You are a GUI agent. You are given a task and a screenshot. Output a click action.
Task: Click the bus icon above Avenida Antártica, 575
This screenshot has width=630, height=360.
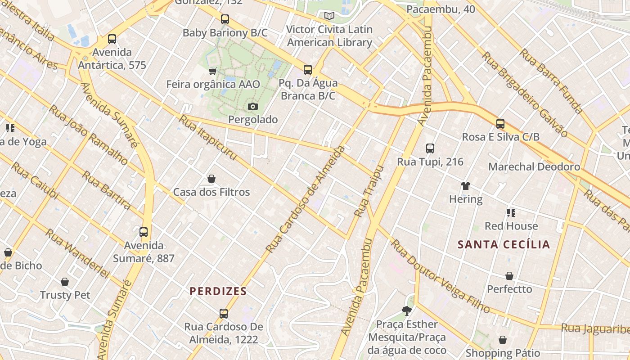(112, 39)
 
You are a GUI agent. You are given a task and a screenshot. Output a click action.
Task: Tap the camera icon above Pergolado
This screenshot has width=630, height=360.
(253, 107)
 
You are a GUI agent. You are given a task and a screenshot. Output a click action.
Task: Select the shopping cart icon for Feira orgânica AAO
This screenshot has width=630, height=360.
(213, 71)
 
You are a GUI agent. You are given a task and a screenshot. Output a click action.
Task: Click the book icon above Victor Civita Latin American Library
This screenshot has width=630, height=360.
(329, 16)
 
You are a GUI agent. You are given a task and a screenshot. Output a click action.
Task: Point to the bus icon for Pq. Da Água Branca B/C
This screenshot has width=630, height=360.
(308, 70)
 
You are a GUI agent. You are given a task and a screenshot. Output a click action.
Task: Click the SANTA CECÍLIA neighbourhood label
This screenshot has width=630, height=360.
(504, 245)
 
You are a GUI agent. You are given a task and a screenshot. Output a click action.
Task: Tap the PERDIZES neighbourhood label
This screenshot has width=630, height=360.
(218, 291)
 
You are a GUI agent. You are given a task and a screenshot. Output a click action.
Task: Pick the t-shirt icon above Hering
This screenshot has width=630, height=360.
(466, 186)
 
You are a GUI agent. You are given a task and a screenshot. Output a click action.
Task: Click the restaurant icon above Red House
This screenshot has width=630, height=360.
(511, 213)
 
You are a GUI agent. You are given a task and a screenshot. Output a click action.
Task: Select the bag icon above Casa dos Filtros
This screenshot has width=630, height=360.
(211, 179)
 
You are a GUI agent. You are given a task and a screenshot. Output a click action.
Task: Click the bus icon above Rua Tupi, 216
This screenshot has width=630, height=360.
(430, 148)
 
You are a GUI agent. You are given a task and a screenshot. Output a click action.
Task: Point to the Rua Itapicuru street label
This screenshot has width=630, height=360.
(208, 138)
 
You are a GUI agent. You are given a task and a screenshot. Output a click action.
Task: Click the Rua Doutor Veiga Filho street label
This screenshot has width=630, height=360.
(440, 276)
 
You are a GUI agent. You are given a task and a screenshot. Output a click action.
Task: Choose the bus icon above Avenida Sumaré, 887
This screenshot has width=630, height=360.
(144, 232)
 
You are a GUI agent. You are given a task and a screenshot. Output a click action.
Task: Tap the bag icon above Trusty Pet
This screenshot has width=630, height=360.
(65, 282)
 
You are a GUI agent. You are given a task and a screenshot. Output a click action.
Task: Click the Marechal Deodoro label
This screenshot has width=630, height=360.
(534, 167)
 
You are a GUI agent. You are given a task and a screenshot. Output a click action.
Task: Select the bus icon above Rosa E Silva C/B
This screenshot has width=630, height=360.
(500, 124)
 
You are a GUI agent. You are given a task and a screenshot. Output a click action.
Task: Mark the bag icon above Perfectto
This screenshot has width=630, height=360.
(509, 276)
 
